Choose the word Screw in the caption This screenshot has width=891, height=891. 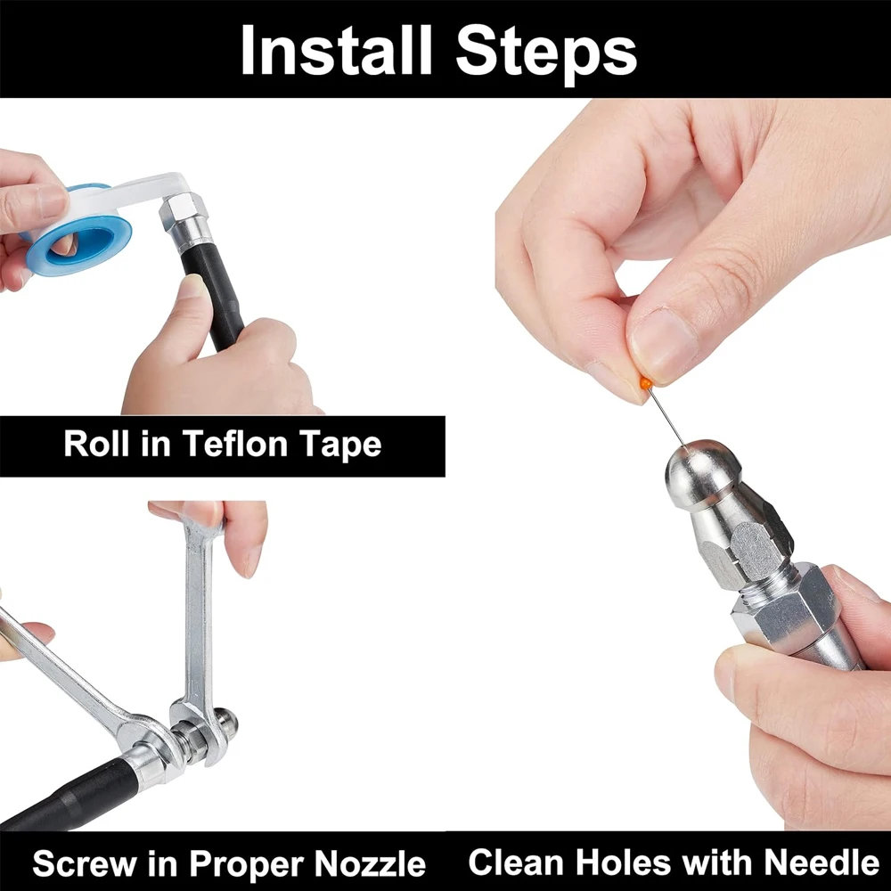(85, 864)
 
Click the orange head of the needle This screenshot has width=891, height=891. (645, 383)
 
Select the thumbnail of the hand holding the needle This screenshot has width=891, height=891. (663, 343)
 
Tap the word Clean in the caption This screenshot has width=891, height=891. (515, 862)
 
